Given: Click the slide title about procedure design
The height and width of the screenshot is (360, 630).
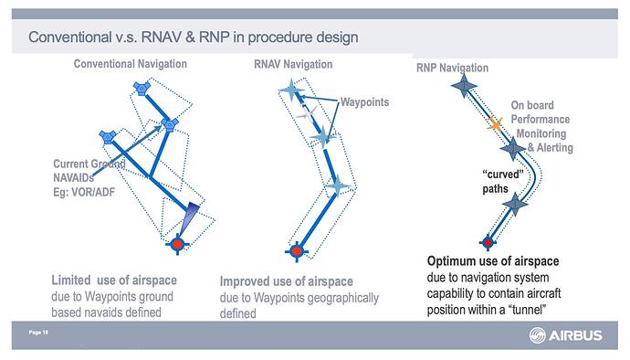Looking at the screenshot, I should [193, 37].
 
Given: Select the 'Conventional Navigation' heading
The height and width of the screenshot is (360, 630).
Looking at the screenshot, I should [130, 64].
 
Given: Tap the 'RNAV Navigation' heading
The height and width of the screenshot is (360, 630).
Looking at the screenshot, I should [292, 64].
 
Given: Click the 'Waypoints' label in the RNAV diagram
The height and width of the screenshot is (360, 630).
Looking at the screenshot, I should [364, 101].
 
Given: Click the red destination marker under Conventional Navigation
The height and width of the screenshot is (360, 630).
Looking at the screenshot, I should [177, 243].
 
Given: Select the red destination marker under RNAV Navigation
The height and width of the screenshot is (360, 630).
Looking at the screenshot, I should [295, 249].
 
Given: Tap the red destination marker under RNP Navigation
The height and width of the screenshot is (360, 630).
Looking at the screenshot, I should [488, 242].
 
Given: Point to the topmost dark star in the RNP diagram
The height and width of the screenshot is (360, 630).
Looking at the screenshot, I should [464, 87].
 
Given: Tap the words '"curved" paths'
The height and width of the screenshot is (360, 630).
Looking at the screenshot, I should [501, 181].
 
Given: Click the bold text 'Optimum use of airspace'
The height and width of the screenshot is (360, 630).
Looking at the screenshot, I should [492, 262].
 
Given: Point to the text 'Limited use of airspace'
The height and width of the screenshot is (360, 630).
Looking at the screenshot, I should [114, 280].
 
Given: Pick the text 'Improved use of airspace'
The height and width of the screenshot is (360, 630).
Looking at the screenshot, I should [286, 281].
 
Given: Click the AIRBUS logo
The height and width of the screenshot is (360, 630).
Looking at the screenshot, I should [565, 336].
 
